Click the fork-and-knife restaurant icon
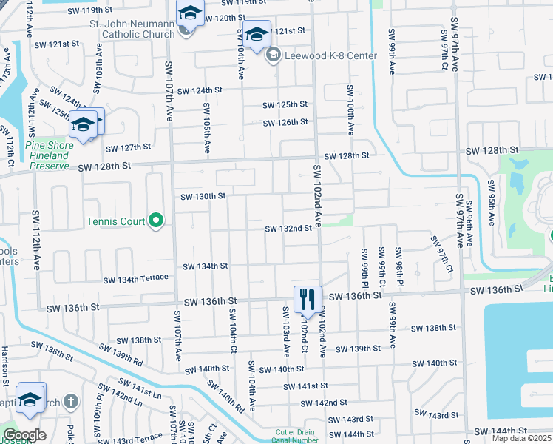pos(308,299)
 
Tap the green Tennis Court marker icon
pos(156,221)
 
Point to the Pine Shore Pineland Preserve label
pos(50,156)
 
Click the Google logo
pos(24,435)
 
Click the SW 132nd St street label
pos(288,229)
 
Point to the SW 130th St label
pos(203,196)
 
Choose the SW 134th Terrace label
pos(136,279)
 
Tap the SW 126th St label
pos(284,122)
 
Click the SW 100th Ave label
pos(349,109)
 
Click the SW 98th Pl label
pos(398,263)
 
